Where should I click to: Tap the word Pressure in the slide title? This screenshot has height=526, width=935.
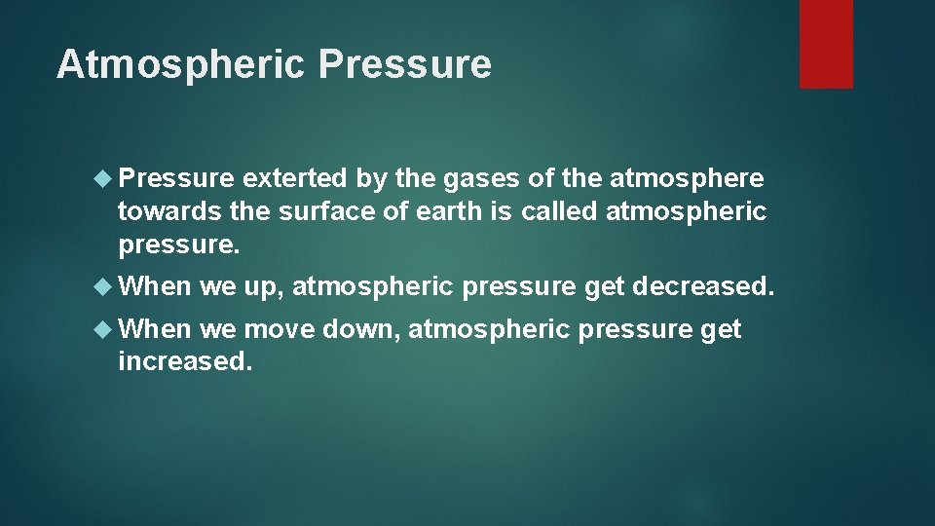[404, 64]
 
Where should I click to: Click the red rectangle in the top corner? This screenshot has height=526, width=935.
[826, 43]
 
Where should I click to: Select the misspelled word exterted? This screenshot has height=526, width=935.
[294, 179]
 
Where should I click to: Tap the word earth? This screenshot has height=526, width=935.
[450, 210]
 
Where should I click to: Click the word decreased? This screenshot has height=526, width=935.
[703, 286]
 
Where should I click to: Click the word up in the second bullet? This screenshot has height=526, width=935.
[260, 286]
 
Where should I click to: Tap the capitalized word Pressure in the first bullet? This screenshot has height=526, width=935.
[175, 179]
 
